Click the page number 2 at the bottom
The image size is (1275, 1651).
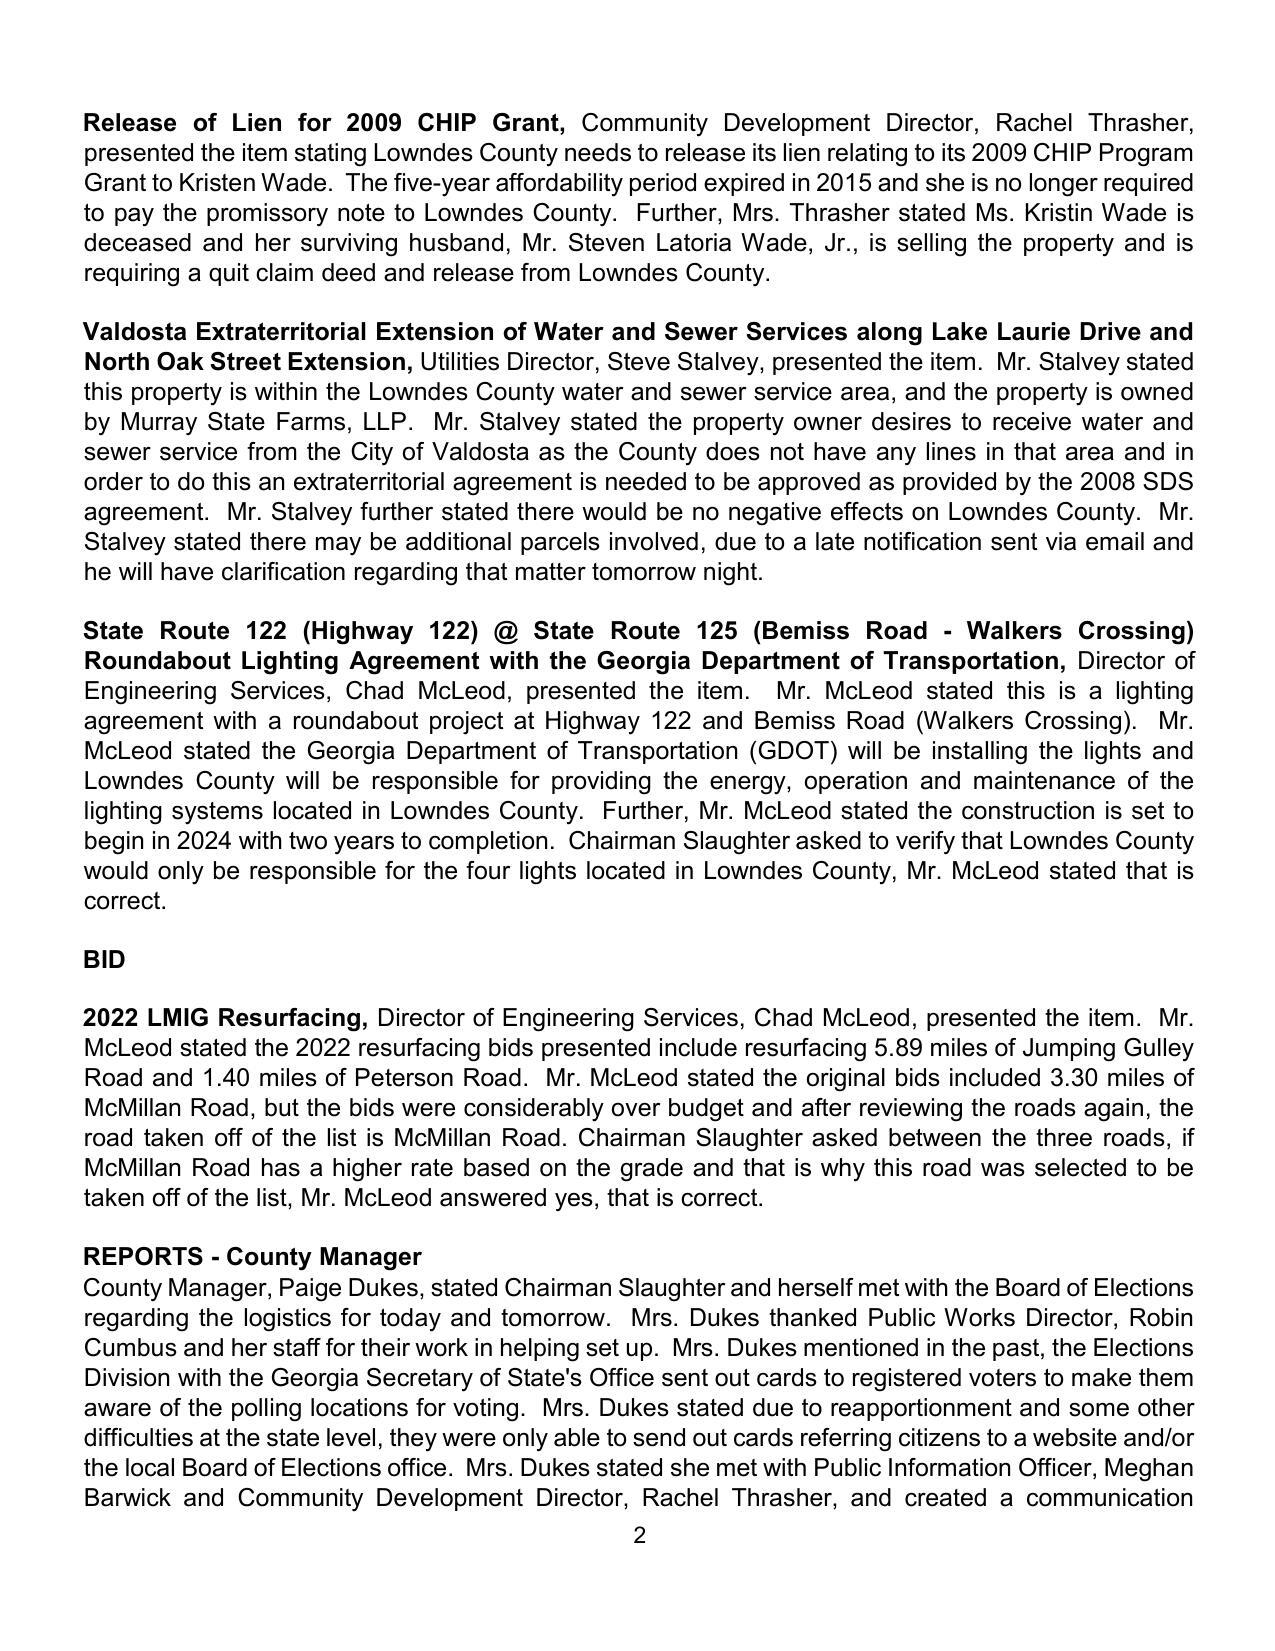[x=639, y=1536]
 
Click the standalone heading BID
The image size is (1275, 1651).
[x=104, y=960]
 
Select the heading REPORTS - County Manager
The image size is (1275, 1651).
[x=252, y=1257]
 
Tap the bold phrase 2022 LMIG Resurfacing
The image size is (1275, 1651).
[x=225, y=1018]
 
